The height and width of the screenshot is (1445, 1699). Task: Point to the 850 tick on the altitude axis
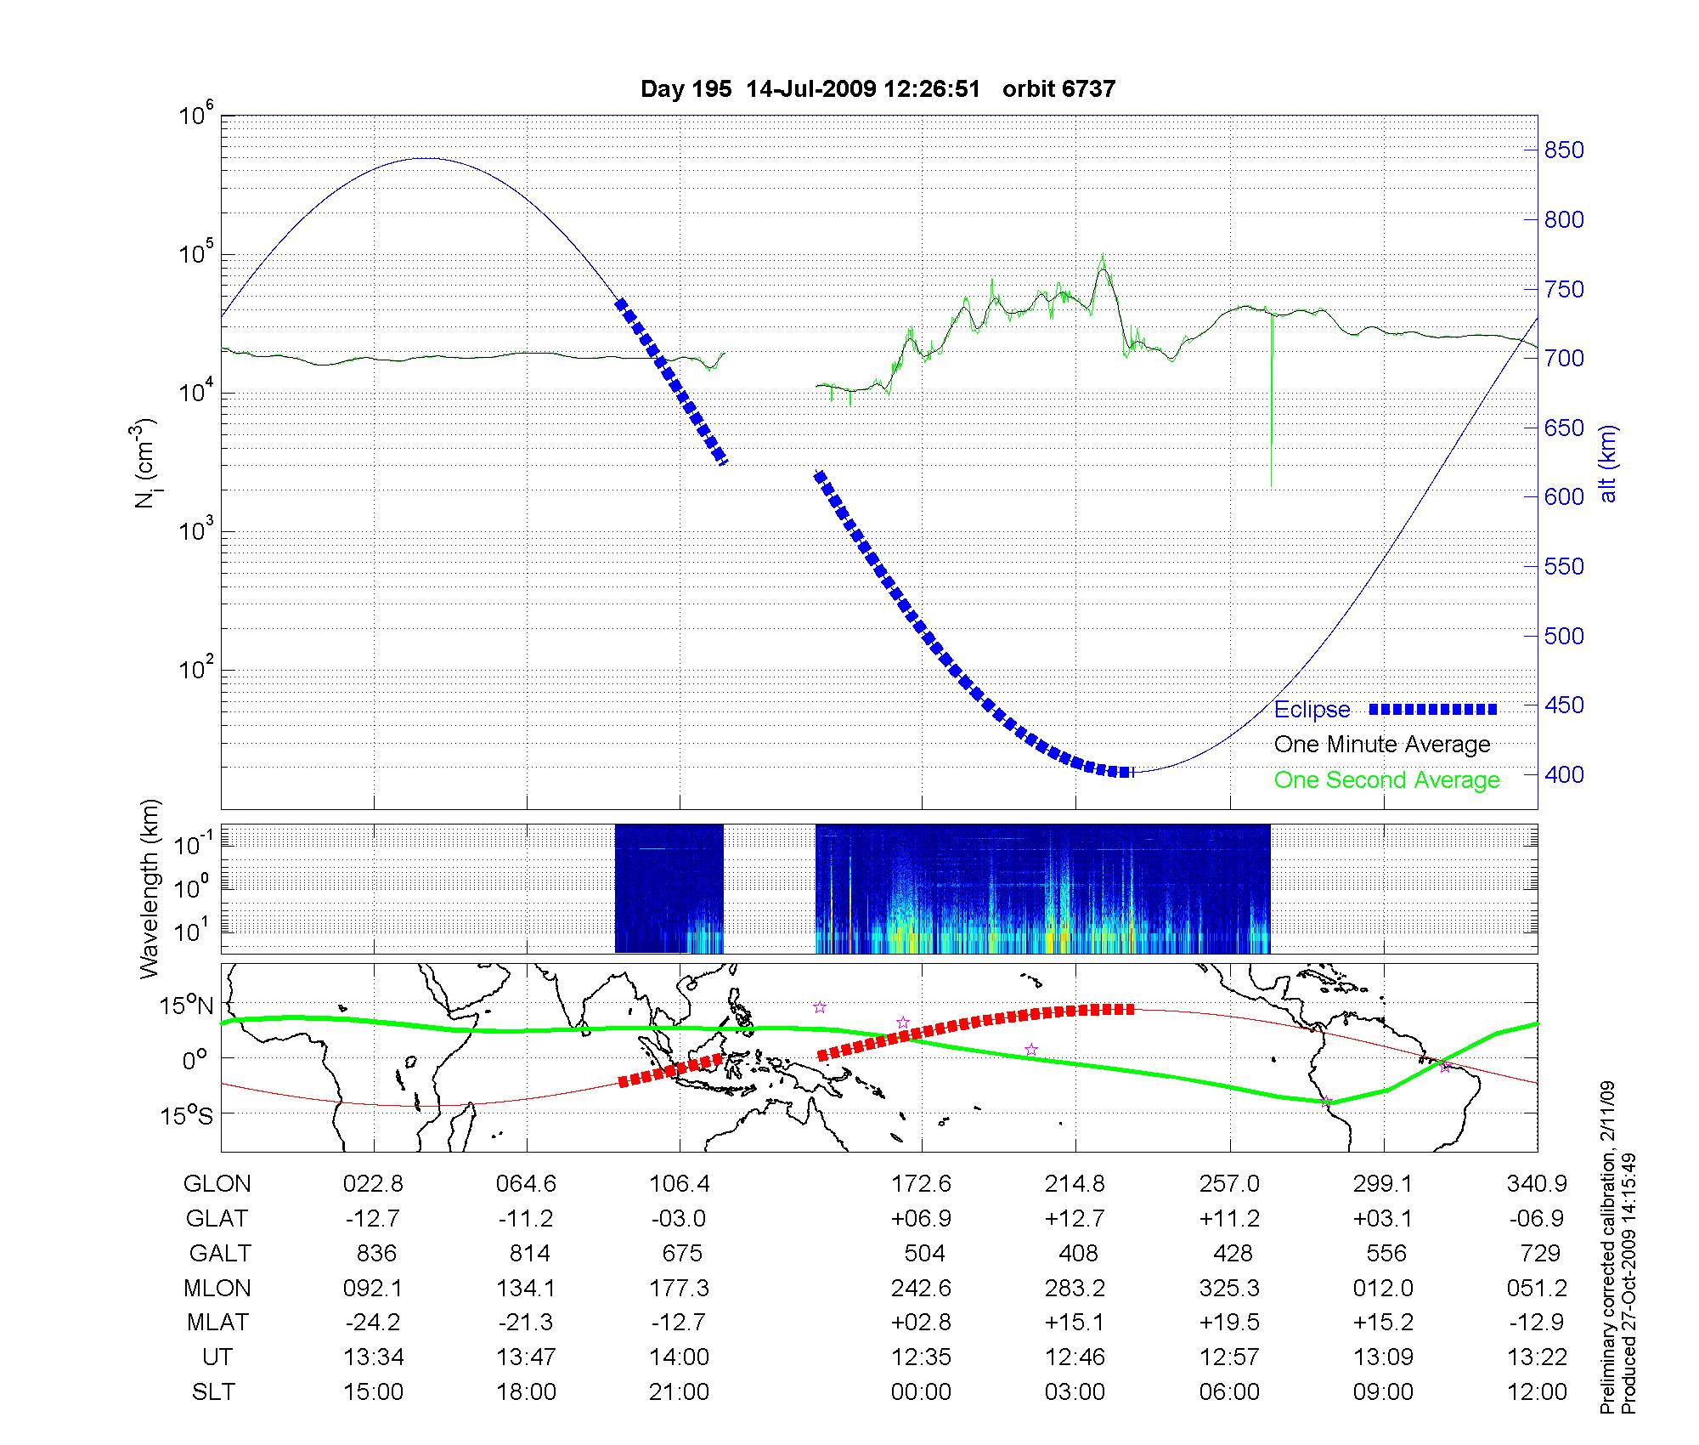pos(1564,150)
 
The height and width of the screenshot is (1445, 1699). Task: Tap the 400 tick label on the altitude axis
pos(1564,774)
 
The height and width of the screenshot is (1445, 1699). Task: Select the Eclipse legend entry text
pos(1312,710)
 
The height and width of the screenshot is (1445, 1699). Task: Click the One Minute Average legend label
pos(1382,745)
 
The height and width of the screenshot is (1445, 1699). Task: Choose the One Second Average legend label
pos(1386,780)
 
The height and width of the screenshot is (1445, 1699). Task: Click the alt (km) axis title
pos(1608,463)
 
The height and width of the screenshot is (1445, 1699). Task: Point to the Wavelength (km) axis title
pos(151,888)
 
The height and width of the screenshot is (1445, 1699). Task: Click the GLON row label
pos(217,1184)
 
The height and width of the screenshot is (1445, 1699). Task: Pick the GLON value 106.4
pos(680,1184)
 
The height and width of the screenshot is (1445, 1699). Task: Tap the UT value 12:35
pos(921,1357)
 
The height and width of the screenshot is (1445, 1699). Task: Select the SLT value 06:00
pos(1229,1392)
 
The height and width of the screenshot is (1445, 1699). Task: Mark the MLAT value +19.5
pos(1229,1323)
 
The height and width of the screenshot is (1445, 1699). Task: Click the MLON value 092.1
pos(372,1289)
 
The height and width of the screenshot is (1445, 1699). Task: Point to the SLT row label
pos(213,1392)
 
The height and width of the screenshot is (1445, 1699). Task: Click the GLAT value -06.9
pos(1537,1219)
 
